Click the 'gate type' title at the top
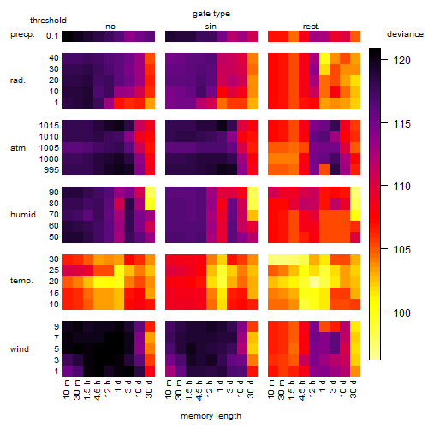click(211, 14)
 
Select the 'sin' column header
click(211, 27)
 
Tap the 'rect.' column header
click(312, 27)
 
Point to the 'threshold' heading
click(48, 21)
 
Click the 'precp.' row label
click(22, 34)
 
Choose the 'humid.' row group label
click(24, 214)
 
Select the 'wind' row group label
click(20, 349)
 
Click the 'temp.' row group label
click(21, 281)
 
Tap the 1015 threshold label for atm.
click(49, 126)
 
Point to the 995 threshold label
click(51, 170)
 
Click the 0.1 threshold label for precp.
click(52, 36)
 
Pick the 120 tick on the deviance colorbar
click(401, 61)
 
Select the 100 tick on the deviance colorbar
click(401, 313)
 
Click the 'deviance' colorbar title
click(405, 34)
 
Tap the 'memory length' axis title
click(211, 416)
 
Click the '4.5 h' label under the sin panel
click(199, 390)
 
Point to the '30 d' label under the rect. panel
click(354, 389)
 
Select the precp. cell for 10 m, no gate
click(68, 36)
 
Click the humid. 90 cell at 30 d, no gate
click(150, 193)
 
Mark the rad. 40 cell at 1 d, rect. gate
click(324, 59)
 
